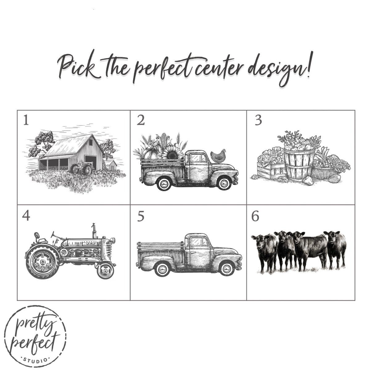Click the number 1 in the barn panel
(x=26, y=120)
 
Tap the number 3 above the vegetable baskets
(x=258, y=120)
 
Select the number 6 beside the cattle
(x=255, y=216)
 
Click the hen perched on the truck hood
(x=218, y=156)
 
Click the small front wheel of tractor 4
(x=105, y=271)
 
